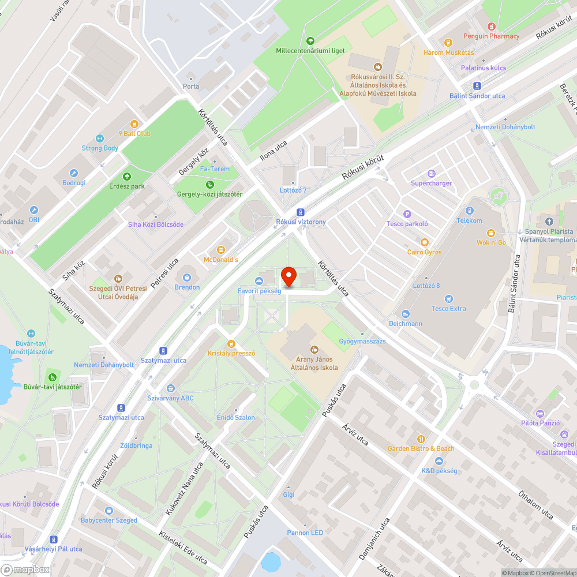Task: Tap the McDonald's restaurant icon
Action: coord(220,249)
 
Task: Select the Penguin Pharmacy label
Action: coord(491,36)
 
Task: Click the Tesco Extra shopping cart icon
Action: coord(449,298)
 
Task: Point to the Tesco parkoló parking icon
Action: coord(407,214)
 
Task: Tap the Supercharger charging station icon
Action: coord(432,174)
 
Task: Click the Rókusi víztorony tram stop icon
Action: coord(300,212)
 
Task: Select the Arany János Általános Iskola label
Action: coord(314,364)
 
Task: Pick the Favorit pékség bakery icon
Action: coord(259,281)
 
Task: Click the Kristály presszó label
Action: coord(231,353)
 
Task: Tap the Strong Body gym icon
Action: coord(100,138)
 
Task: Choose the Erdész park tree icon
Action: coord(127,177)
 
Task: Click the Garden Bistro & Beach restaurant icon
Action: coord(421,439)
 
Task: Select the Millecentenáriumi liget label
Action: coord(310,50)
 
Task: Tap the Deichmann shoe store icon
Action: coord(406,313)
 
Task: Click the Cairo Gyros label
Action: coord(424,252)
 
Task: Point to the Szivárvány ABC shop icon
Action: coord(170,388)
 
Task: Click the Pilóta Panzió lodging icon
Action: coord(540,413)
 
